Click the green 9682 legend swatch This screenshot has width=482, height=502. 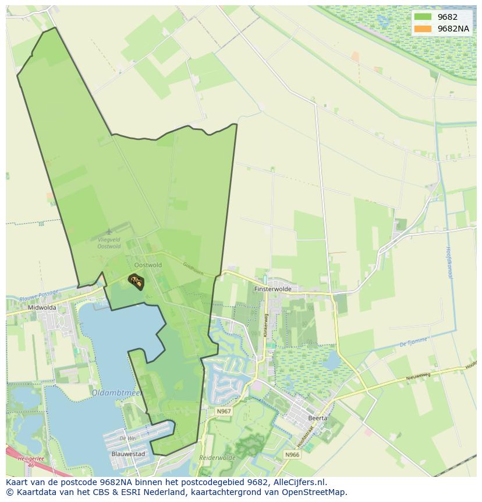coord(423,17)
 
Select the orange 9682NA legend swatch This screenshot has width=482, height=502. coord(423,29)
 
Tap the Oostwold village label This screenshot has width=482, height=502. coord(147,265)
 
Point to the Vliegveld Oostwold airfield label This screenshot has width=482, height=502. coord(109,243)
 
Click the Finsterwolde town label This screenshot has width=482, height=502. coord(272,289)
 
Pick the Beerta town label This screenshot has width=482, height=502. coord(318,418)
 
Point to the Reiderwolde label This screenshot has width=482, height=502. coord(217,458)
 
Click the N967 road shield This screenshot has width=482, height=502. coord(224,411)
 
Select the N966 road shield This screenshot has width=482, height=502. coord(292,454)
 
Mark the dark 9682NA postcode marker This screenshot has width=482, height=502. coord(136,281)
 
